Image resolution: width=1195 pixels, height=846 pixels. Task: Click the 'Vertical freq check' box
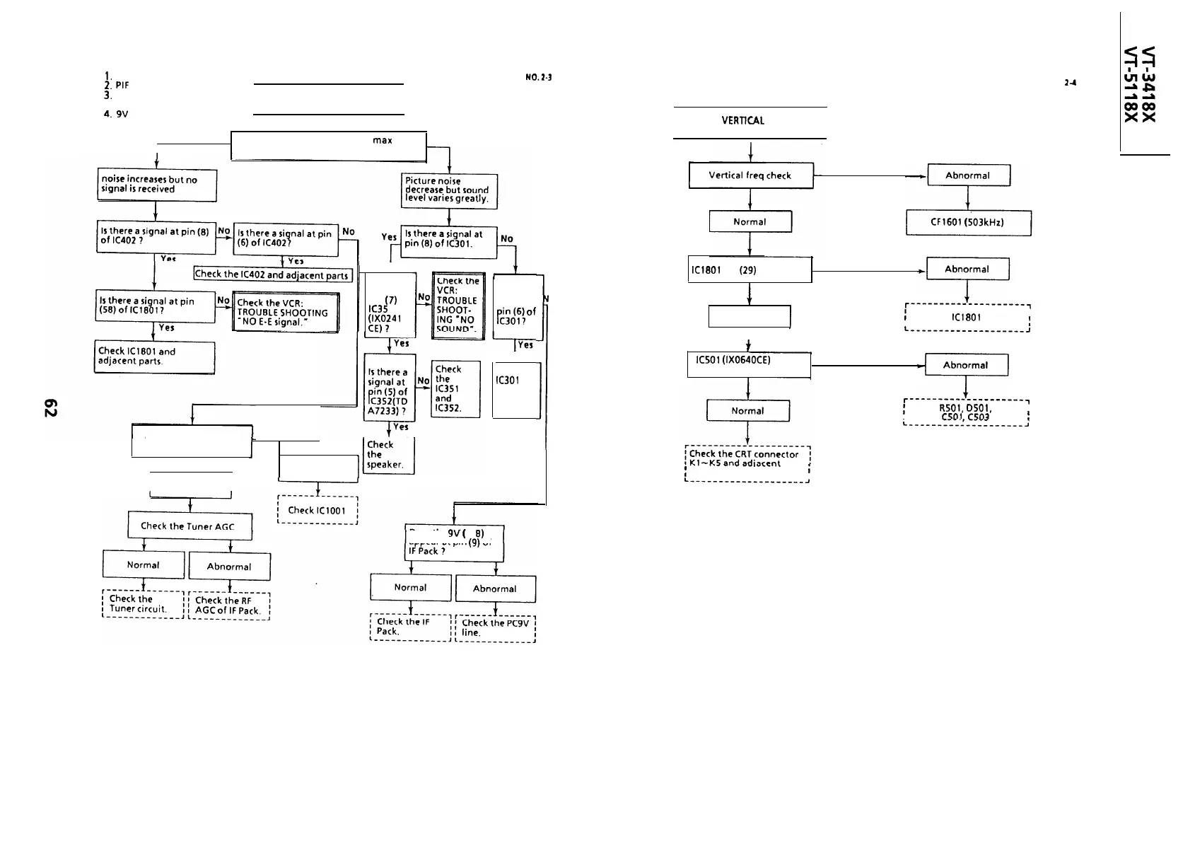[x=750, y=175]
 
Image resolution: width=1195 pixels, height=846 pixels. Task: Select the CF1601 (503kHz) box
[x=968, y=223]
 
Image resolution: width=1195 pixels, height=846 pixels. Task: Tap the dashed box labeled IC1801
[x=967, y=318]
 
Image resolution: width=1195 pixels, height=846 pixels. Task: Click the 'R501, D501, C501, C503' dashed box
[x=966, y=412]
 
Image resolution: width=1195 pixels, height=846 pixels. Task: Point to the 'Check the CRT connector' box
[x=747, y=463]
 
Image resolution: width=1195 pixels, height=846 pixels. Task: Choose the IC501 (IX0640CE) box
[x=748, y=364]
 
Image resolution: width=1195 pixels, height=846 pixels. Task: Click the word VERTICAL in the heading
[x=742, y=120]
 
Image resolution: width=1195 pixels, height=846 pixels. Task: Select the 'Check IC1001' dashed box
[x=317, y=510]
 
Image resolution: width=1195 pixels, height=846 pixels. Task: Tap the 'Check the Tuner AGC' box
[x=190, y=526]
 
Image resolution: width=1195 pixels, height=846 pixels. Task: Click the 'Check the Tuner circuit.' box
[x=143, y=604]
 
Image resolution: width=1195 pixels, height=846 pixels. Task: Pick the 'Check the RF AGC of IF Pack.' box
[x=228, y=605]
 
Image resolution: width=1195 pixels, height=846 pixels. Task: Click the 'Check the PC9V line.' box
[x=495, y=627]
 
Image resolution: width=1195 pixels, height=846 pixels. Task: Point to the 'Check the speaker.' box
[x=387, y=455]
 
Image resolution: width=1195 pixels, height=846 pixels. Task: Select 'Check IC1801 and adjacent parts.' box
[x=154, y=357]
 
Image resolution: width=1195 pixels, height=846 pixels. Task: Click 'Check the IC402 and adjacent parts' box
[x=272, y=274]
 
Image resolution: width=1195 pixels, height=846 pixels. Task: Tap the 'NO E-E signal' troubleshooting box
[x=286, y=313]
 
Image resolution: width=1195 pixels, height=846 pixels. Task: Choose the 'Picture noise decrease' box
[x=449, y=190]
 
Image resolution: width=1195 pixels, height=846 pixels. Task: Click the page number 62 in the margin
[x=50, y=408]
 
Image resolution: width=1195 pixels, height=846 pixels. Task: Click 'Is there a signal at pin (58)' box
[x=155, y=306]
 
